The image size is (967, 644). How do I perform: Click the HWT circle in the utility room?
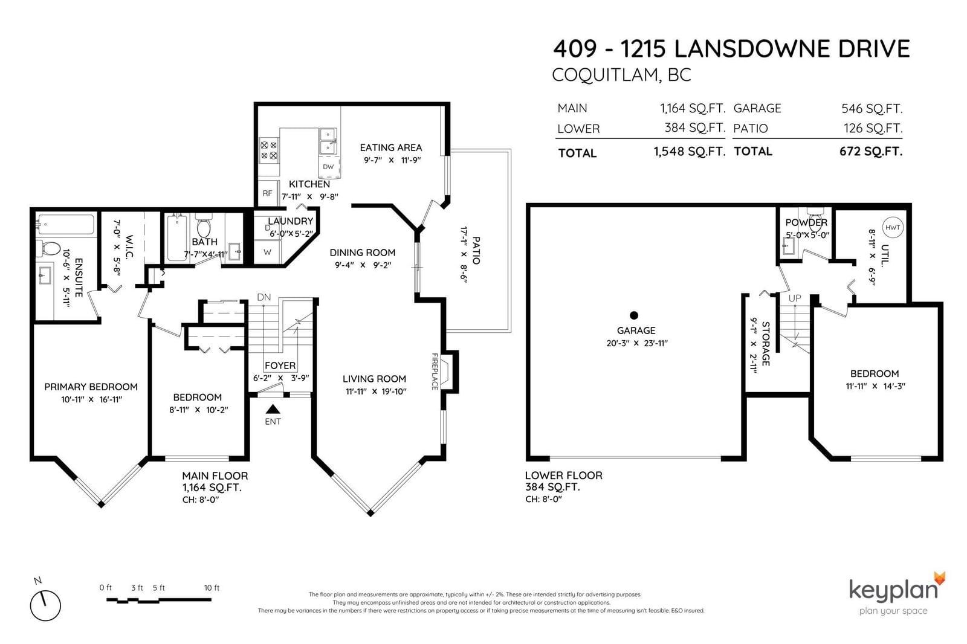tap(892, 228)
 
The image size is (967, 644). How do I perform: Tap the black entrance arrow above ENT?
tap(273, 409)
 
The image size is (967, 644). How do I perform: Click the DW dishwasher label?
tap(328, 167)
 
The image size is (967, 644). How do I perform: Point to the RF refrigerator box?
tap(268, 193)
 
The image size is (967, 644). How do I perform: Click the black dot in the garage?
tap(634, 315)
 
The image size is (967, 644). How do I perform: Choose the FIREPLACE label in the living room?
tap(435, 372)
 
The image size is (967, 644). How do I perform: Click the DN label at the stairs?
tap(264, 297)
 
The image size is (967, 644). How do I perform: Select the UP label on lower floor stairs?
tap(795, 298)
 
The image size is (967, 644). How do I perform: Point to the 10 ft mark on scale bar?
tap(212, 588)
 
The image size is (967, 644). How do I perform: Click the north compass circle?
tap(45, 605)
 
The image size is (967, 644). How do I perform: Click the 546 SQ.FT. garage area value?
tap(872, 108)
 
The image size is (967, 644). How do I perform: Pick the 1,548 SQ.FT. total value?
tap(690, 152)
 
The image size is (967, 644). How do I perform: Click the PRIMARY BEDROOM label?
tap(91, 387)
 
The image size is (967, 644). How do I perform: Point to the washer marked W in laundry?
tap(268, 252)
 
